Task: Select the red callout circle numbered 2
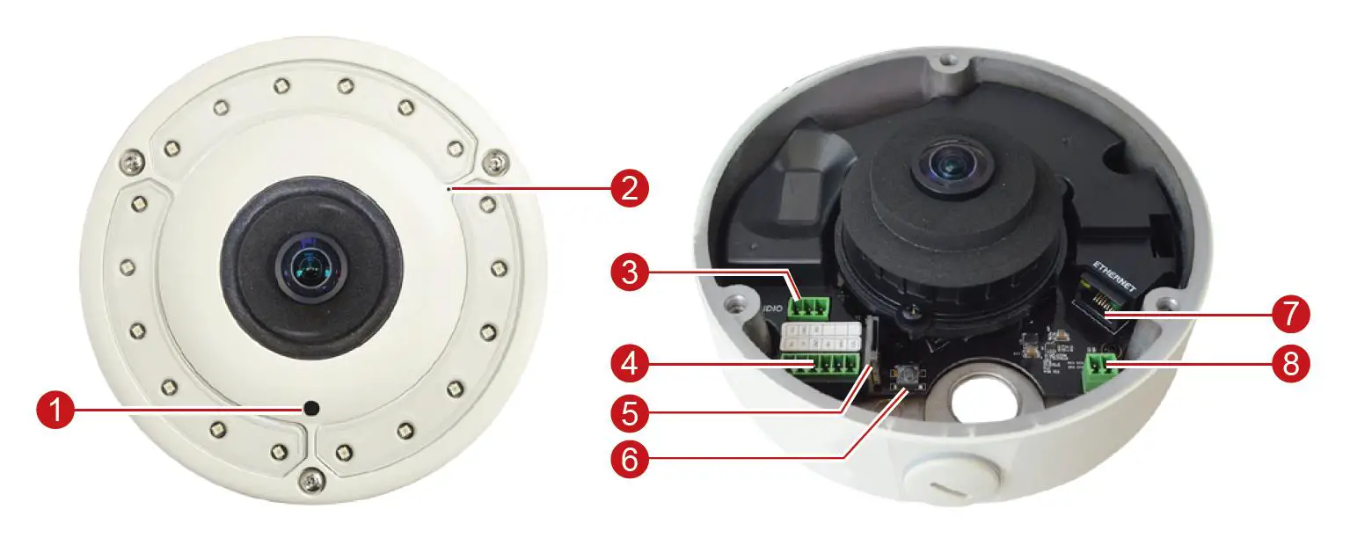click(630, 187)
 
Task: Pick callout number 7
click(1290, 312)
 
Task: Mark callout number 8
click(1290, 362)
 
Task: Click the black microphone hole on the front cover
click(311, 407)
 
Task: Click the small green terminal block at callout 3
click(810, 307)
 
